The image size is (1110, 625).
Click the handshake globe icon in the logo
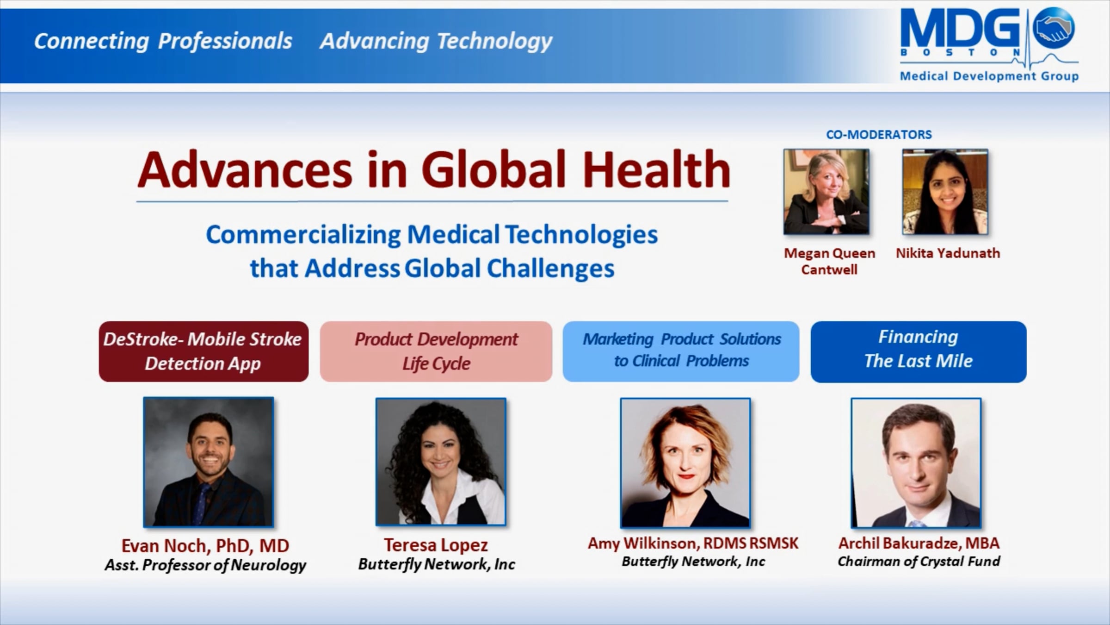pyautogui.click(x=1053, y=27)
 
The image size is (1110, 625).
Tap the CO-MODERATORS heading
pyautogui.click(x=879, y=135)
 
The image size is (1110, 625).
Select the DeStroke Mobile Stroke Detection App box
pyautogui.click(x=203, y=351)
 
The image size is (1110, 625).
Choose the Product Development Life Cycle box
pyautogui.click(x=436, y=351)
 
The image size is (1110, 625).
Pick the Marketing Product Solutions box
pyautogui.click(x=681, y=351)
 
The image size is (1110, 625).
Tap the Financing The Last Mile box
pyautogui.click(x=919, y=351)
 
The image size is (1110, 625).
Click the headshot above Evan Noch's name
pyautogui.click(x=209, y=462)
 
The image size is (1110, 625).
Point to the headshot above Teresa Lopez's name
pyautogui.click(x=441, y=462)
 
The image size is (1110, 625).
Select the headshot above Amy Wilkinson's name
pyautogui.click(x=685, y=462)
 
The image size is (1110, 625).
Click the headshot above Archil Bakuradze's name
pyautogui.click(x=916, y=462)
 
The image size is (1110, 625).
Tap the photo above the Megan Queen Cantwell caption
pyautogui.click(x=826, y=192)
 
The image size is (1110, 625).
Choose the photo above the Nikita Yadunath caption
pyautogui.click(x=945, y=192)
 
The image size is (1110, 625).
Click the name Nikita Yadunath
pyautogui.click(x=948, y=253)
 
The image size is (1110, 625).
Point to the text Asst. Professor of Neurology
pyautogui.click(x=205, y=565)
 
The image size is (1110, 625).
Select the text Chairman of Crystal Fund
pyautogui.click(x=919, y=562)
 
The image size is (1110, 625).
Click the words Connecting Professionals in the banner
pyautogui.click(x=163, y=41)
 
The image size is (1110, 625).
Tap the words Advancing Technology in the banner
pyautogui.click(x=436, y=41)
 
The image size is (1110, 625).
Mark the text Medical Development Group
pyautogui.click(x=989, y=76)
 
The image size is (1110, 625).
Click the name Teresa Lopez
pyautogui.click(x=436, y=545)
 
